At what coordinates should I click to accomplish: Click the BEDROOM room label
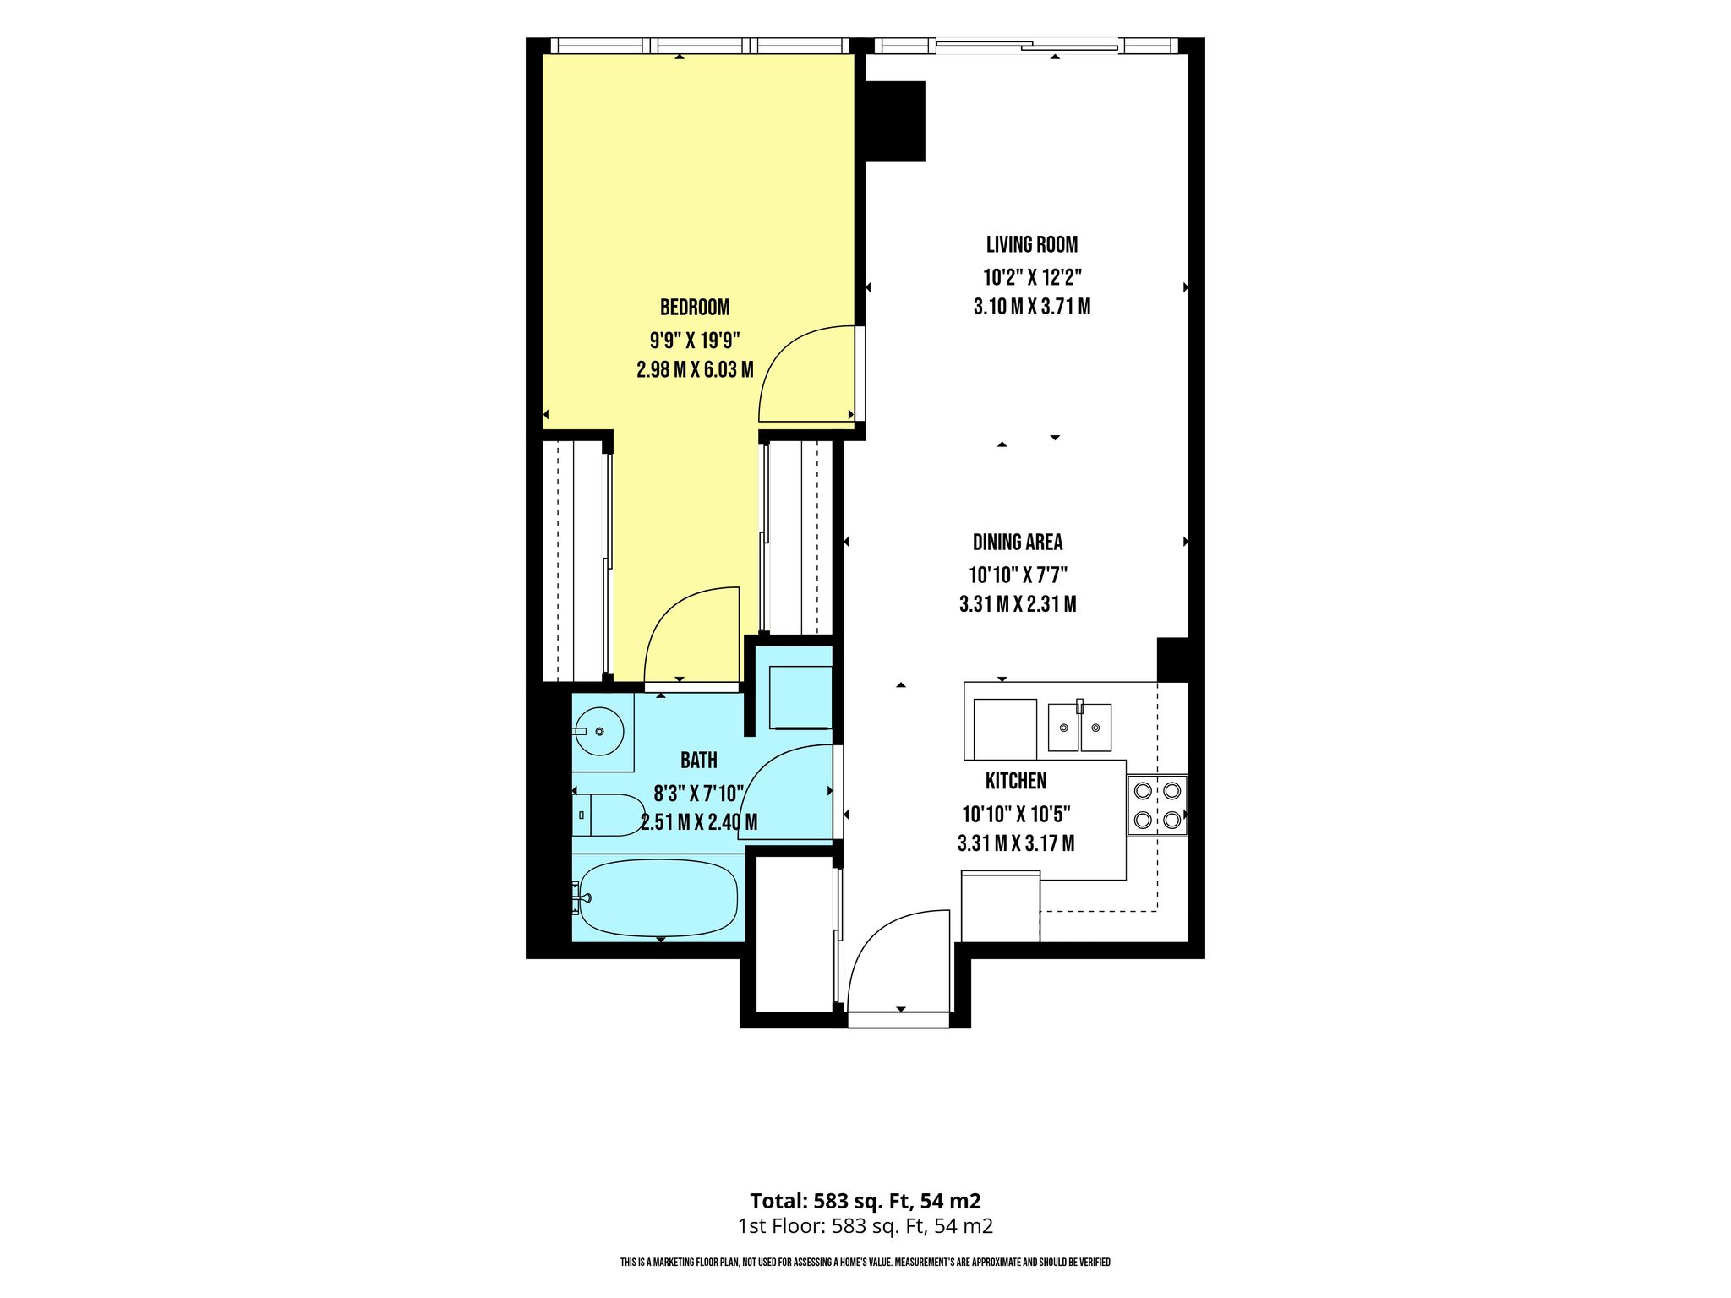coord(695,307)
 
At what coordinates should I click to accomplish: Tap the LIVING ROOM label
coord(1032,245)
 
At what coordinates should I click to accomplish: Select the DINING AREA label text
coord(1018,543)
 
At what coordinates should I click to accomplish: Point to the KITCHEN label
coord(1016,781)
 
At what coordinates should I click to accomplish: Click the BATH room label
coord(699,761)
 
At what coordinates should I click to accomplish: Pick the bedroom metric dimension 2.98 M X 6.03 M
coord(695,369)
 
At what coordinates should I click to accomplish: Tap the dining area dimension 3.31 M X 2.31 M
coord(1018,604)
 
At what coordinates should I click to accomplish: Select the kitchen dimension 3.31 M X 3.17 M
coord(1016,843)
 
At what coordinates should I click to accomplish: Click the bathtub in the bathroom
coord(658,897)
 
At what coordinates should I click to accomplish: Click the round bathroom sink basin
coord(599,730)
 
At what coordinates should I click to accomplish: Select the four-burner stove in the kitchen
coord(1157,805)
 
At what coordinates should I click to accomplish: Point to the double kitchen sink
coord(1079,727)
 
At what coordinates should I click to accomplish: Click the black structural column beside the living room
coord(895,121)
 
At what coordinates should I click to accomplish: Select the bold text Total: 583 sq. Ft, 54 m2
coord(865,1201)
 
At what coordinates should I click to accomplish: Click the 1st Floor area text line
coord(865,1226)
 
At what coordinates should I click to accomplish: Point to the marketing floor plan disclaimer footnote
coord(865,1263)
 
